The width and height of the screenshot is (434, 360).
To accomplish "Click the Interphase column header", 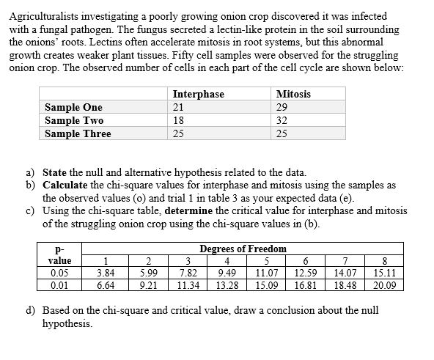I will click(198, 95).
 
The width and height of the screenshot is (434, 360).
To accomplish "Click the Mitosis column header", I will click(293, 95).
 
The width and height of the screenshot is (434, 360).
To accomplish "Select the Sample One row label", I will click(73, 108).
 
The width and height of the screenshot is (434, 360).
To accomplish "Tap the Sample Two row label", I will click(74, 121).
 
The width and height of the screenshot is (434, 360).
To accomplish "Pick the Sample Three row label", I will click(78, 134).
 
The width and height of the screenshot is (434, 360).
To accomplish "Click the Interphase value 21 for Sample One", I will click(179, 108).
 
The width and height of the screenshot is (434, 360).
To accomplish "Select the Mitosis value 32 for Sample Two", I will click(283, 121).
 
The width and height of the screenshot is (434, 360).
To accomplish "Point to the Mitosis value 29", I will click(283, 108).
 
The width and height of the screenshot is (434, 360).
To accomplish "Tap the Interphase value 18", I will click(179, 121).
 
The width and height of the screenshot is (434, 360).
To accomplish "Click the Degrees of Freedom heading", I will click(243, 249).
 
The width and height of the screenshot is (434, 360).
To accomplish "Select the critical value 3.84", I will click(106, 273).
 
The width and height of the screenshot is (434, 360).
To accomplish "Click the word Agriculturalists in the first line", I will click(43, 16).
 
